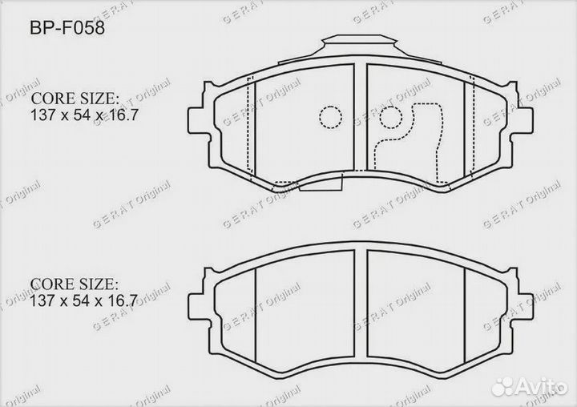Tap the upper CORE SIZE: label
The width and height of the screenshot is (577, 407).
click(75, 99)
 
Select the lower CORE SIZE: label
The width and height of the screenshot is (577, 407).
click(75, 284)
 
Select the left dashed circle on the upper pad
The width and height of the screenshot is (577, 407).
click(330, 118)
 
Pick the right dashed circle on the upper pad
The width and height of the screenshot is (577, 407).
click(390, 118)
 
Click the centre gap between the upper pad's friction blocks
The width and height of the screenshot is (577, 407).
click(360, 120)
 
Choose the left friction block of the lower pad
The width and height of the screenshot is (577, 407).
click(305, 308)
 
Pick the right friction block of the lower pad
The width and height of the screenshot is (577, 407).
click(415, 308)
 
